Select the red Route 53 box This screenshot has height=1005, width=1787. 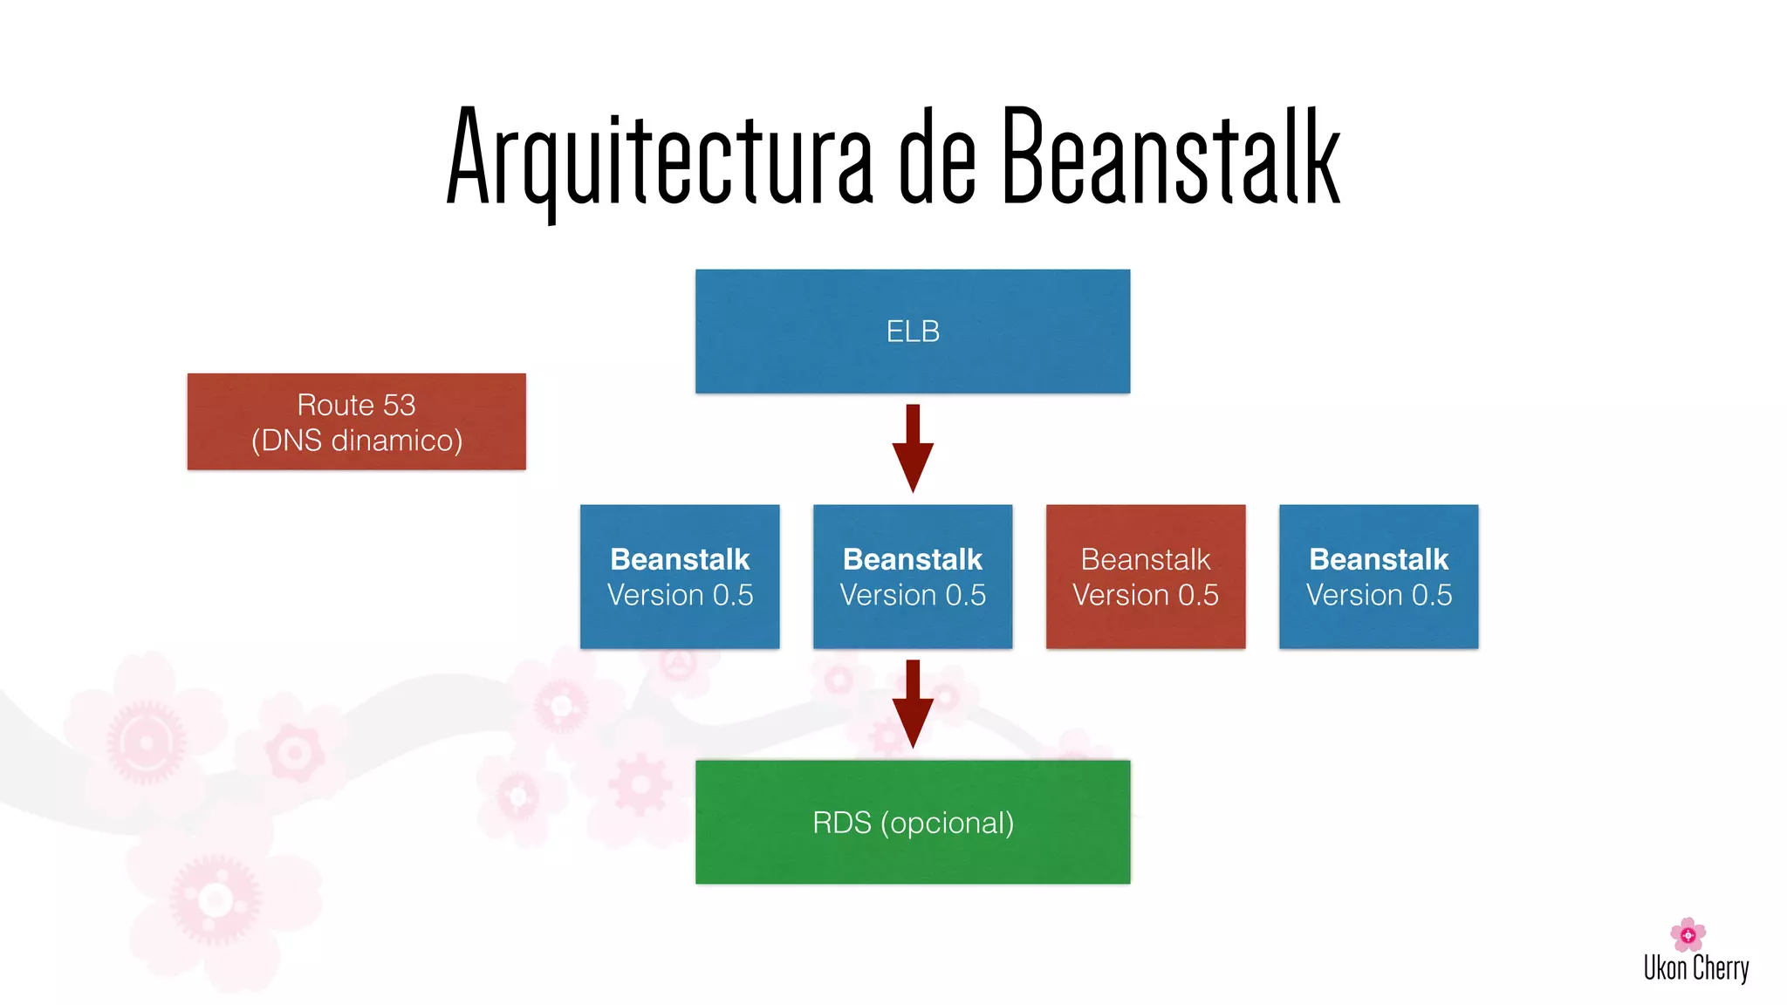356,421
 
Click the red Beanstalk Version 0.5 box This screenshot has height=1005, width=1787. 1145,576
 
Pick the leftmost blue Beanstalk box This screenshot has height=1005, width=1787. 679,576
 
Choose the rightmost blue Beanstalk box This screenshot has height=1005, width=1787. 1378,576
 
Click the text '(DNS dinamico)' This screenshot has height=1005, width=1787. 357,440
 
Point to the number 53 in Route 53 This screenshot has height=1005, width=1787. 399,405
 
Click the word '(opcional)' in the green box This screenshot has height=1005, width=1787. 947,823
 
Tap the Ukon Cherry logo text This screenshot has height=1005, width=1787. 1695,968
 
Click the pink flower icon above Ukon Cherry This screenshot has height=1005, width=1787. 1688,934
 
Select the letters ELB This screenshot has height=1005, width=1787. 913,332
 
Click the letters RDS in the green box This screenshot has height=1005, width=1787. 841,823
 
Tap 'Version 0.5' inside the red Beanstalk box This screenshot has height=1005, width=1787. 1145,595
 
